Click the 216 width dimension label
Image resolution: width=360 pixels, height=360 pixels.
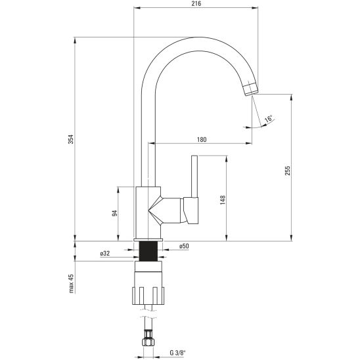[196, 4]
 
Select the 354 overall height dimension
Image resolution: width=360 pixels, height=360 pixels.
[71, 139]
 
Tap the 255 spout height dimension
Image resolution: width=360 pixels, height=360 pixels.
[288, 171]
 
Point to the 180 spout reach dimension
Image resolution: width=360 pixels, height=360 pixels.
[202, 139]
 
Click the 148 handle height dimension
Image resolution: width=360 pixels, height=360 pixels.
[223, 200]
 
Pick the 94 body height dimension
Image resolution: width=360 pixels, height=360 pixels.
[114, 213]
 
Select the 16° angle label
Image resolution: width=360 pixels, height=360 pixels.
[269, 119]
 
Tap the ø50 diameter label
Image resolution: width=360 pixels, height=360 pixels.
[184, 246]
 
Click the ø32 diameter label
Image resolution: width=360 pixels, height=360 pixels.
[105, 254]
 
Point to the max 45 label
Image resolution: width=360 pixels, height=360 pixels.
[71, 283]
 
